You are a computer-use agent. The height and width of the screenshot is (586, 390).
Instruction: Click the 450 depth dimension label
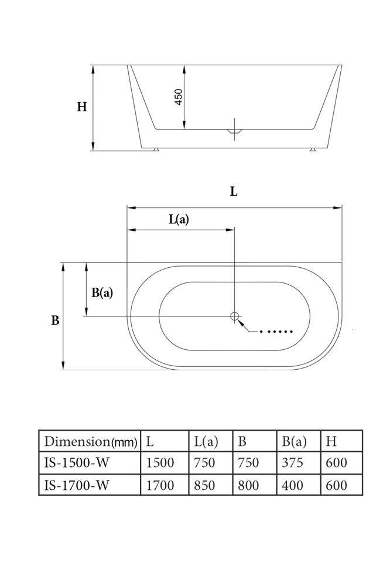179,97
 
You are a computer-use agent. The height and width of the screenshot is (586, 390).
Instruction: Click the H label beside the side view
82,107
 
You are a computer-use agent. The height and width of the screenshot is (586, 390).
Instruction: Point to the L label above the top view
234,192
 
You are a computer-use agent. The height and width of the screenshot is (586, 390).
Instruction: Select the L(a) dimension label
179,220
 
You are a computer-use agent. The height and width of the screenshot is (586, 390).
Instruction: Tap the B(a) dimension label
102,292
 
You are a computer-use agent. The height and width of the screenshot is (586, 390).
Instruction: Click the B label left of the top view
55,321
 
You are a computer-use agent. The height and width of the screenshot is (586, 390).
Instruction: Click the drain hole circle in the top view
235,316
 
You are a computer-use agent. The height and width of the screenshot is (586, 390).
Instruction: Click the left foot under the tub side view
155,150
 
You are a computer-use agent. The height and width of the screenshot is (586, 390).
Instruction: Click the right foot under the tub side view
313,150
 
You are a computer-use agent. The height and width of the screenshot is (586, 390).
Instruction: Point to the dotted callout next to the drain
276,332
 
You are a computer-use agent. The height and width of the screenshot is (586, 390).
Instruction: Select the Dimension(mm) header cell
90,441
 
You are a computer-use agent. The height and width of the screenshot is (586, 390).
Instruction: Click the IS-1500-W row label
76,462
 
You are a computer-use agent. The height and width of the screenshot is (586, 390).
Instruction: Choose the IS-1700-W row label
76,485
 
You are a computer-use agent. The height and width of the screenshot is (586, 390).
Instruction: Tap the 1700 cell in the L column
160,485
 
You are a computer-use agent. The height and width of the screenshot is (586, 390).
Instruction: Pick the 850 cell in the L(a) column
204,485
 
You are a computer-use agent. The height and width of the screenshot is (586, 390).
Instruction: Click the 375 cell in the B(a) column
292,462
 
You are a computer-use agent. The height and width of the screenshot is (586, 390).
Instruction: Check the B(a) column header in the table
294,441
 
